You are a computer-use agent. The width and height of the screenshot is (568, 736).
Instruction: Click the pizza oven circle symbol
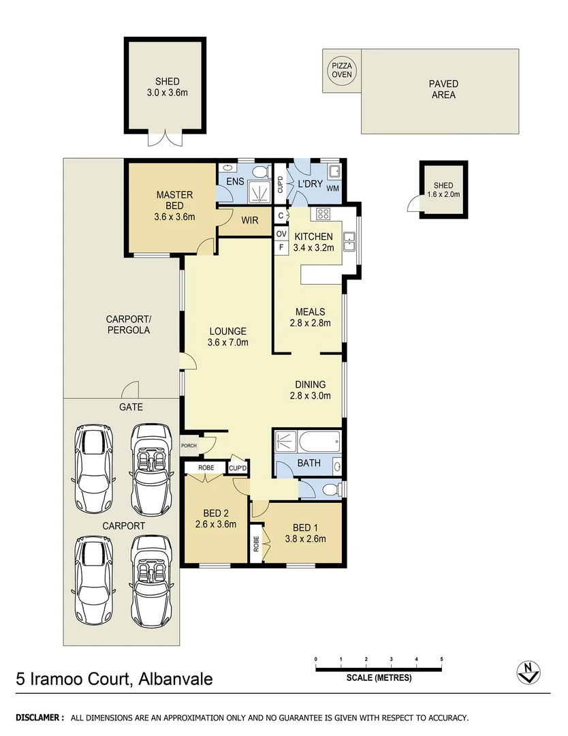[x=342, y=70]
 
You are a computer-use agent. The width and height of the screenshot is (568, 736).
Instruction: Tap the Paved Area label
[x=443, y=89]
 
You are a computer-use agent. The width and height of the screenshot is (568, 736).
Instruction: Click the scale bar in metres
[x=379, y=669]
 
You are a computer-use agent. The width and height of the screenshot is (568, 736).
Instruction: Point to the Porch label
[x=189, y=446]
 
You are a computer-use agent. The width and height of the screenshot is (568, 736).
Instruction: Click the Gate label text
[x=131, y=407]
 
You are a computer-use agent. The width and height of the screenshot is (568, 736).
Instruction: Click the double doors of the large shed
[x=165, y=138]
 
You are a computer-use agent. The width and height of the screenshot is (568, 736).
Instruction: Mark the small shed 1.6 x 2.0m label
[x=443, y=189]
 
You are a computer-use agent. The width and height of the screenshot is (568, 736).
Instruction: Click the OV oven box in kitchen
[x=281, y=234]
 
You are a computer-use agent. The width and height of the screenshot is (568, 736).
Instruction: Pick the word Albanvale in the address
[x=174, y=679]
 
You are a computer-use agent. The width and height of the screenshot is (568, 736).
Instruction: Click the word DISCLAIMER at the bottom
[x=40, y=718]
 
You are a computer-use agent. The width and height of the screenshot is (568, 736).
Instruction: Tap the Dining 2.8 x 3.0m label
[x=310, y=389]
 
